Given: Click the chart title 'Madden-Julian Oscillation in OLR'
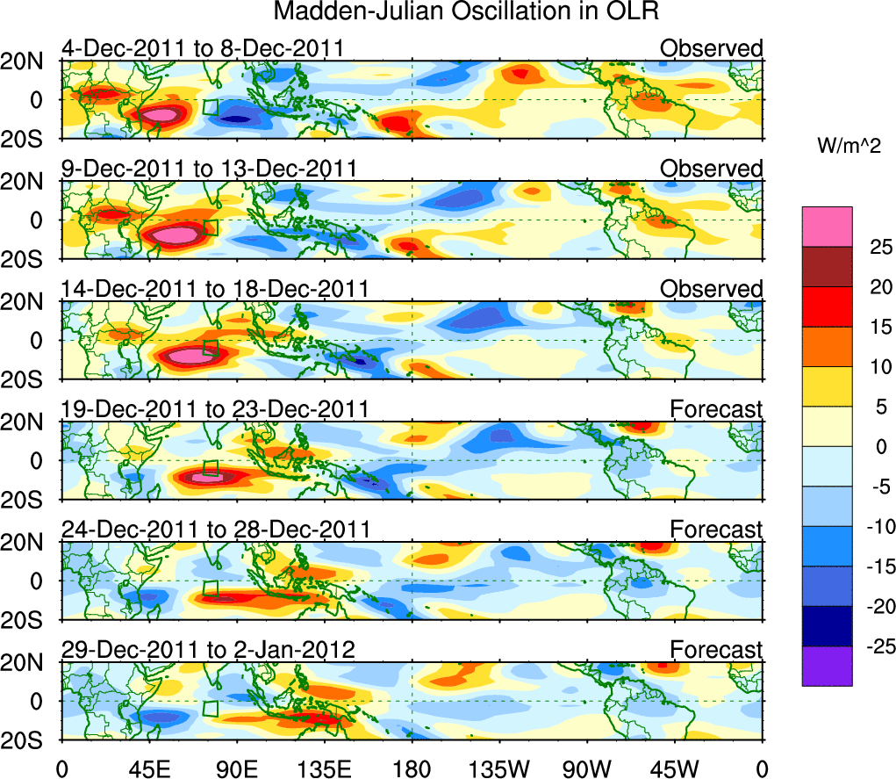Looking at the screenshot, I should (x=466, y=12).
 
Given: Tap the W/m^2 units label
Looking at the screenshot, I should (x=849, y=148).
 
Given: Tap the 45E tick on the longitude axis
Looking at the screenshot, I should (x=149, y=768).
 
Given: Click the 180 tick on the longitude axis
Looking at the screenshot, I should (x=412, y=768).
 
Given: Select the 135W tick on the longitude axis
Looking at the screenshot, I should (x=500, y=768).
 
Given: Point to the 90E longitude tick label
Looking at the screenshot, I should (x=237, y=768).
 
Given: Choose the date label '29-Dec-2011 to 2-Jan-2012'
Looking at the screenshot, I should (x=207, y=650).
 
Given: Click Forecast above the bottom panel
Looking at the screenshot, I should (x=716, y=650).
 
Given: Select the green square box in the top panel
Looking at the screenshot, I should (x=210, y=107).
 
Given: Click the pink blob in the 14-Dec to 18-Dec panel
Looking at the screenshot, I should (x=190, y=356).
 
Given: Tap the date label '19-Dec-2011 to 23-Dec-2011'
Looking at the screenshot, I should (x=214, y=409).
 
